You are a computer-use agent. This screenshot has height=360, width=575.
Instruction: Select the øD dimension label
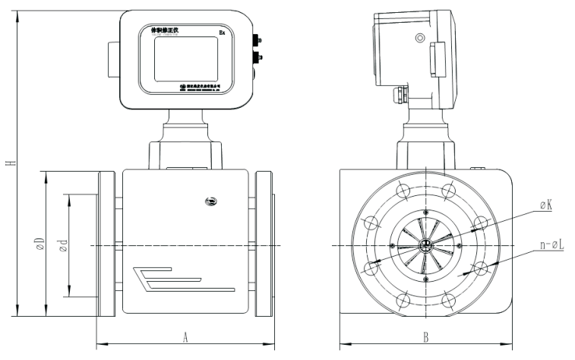pyautogui.click(x=40, y=245)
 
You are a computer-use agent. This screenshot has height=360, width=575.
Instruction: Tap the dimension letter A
pyautogui.click(x=185, y=334)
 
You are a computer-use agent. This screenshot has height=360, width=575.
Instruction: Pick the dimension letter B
pyautogui.click(x=425, y=335)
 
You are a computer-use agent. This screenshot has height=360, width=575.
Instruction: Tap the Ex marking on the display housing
pyautogui.click(x=221, y=33)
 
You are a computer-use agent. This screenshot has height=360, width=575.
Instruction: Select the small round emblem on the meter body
pyautogui.click(x=210, y=201)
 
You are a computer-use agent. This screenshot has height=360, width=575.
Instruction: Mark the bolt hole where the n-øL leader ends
pyautogui.click(x=481, y=268)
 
